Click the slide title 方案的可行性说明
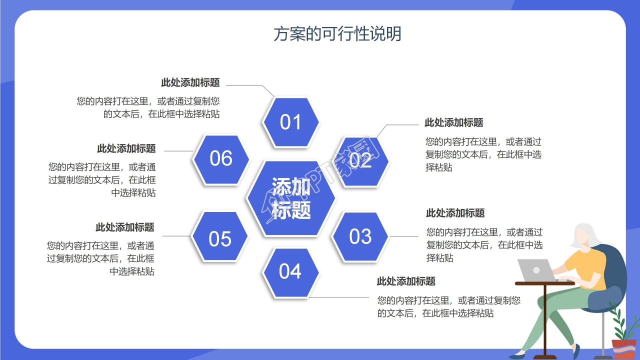tap(337, 34)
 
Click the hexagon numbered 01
tap(290, 122)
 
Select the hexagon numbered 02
tap(361, 161)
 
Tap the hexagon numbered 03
tap(360, 236)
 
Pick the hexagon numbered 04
tap(290, 271)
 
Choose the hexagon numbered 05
tap(220, 239)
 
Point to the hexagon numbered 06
tap(221, 158)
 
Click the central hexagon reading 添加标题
tap(291, 198)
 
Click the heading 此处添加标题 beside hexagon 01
tap(190, 83)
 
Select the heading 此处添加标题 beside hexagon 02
tap(453, 122)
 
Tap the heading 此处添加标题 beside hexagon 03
tap(455, 213)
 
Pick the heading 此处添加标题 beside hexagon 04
tap(406, 281)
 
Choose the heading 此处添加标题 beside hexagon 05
tap(124, 227)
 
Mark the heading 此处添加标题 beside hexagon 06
tap(126, 148)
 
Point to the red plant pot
tap(624, 349)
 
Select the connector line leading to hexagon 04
tap(345, 297)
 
